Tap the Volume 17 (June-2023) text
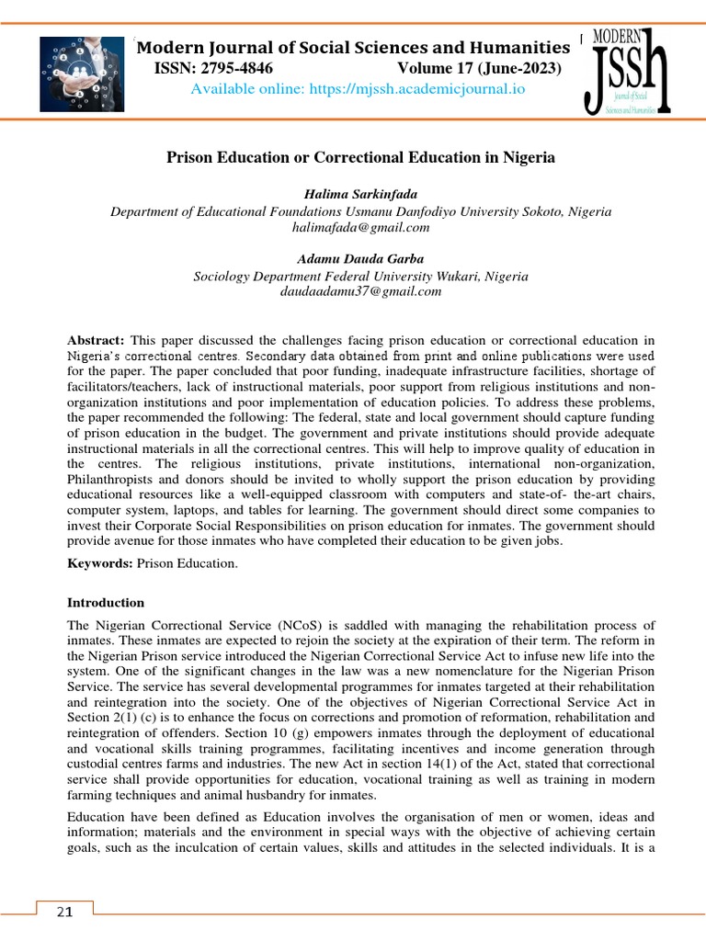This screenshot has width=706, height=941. pos(479,69)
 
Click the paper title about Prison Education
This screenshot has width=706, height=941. pos(360,157)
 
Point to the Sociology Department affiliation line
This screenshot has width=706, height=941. pos(360,276)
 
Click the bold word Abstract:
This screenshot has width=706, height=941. pos(96,341)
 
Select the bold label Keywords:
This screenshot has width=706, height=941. pos(100,562)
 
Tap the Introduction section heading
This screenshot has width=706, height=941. pos(106,603)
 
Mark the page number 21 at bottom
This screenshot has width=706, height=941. pos(64,912)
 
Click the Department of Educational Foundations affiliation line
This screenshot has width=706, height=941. pos(360,211)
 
